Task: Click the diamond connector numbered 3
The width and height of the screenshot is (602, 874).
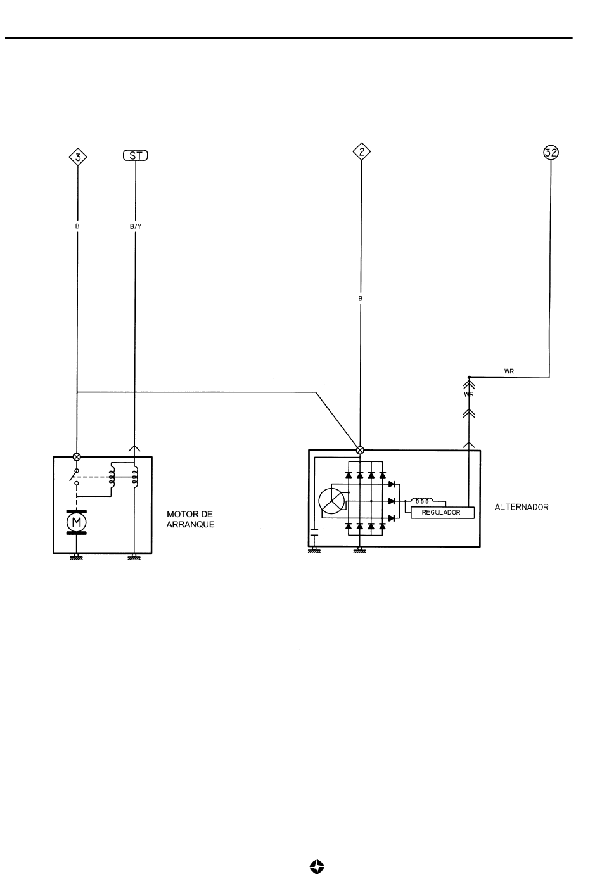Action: pos(78,157)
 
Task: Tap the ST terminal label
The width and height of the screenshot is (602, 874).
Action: pos(136,156)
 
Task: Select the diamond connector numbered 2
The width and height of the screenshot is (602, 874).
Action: pos(361,151)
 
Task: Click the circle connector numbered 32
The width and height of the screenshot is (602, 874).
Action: pos(551,153)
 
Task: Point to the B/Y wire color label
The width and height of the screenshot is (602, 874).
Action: pos(136,226)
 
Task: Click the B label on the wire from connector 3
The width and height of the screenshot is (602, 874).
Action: pos(77,226)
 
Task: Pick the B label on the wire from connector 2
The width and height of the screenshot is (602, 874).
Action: pos(360,299)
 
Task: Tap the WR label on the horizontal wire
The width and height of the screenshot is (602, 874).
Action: pos(509,371)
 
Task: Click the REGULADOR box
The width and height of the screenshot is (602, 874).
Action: pos(442,512)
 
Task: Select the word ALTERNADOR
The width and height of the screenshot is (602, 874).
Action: pos(522,507)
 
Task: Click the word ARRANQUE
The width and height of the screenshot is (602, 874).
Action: pos(190,524)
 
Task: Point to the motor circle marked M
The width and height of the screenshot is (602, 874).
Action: pos(77,522)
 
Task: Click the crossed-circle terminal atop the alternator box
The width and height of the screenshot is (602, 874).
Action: pos(360,450)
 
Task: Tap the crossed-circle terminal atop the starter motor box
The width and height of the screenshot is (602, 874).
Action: pos(77,456)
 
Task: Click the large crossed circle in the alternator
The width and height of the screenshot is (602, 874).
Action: pos(331,501)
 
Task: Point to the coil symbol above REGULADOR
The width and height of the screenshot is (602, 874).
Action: pos(423,501)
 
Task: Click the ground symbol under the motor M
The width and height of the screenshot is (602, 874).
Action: pos(77,556)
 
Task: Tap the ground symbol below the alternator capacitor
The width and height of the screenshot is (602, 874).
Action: pos(314,550)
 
